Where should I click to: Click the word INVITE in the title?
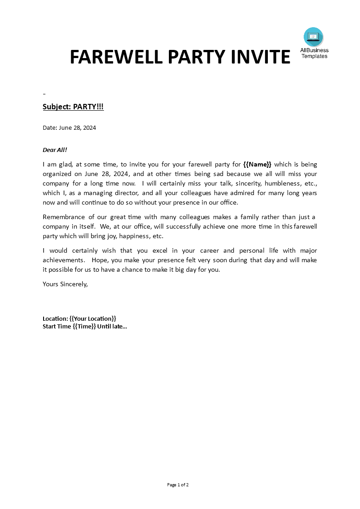click(261, 57)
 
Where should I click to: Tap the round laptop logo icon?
click(313, 37)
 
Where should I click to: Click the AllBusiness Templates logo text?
click(314, 54)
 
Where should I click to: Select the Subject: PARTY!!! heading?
click(73, 107)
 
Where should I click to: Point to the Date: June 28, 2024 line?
click(69, 127)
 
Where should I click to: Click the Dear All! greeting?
click(55, 150)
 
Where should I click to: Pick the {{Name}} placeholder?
click(257, 164)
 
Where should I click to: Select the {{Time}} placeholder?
click(84, 326)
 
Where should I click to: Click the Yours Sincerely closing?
click(65, 284)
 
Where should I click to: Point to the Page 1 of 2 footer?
click(178, 485)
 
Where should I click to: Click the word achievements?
click(64, 260)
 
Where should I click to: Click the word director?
click(122, 193)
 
